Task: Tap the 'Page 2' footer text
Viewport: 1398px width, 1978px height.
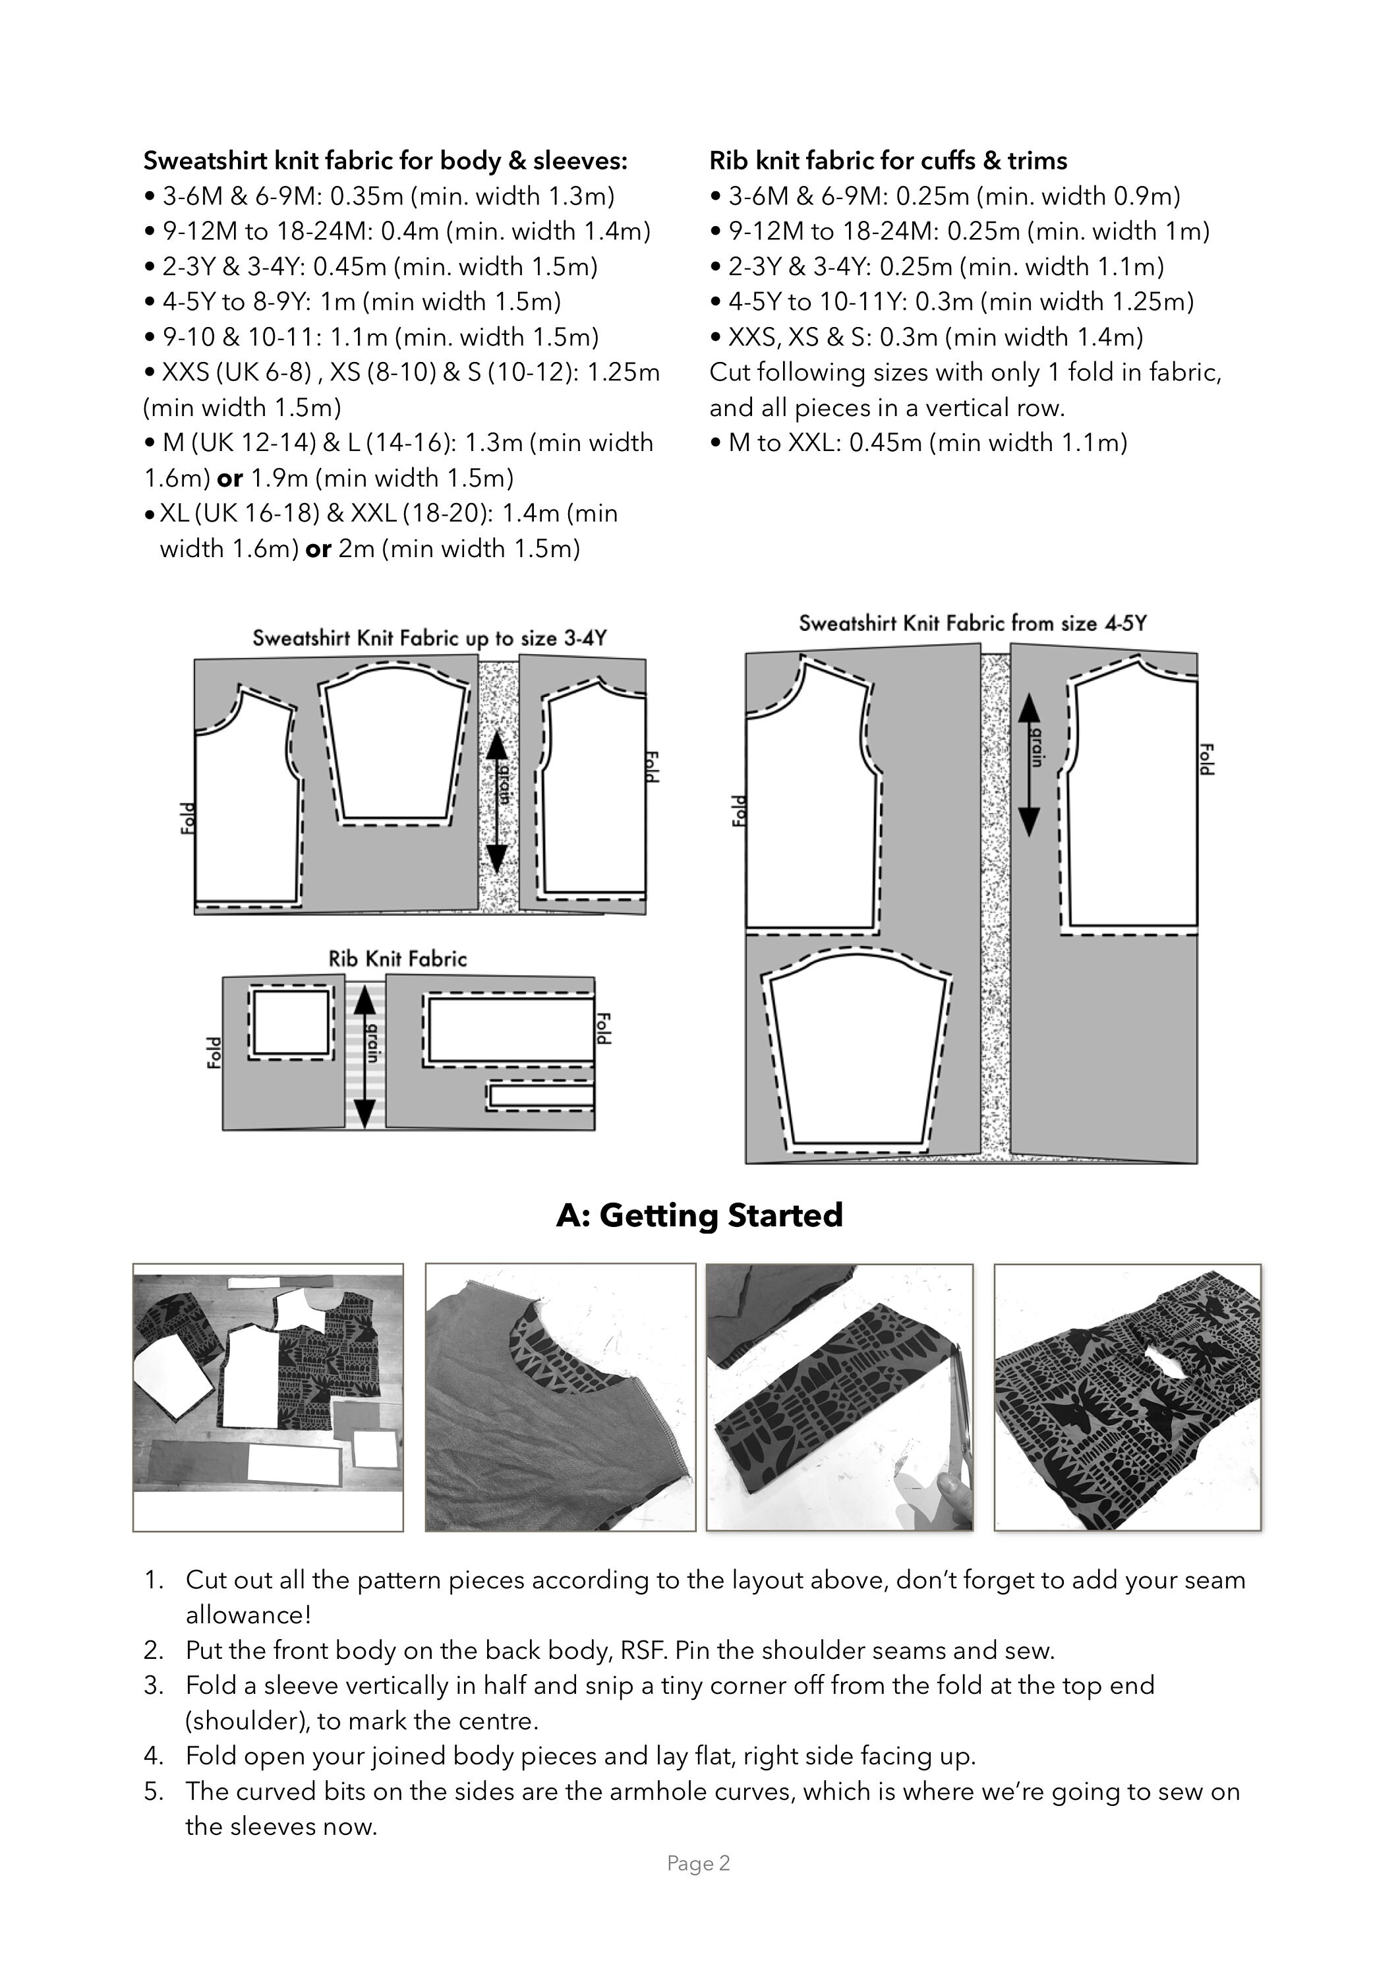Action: pyautogui.click(x=699, y=1863)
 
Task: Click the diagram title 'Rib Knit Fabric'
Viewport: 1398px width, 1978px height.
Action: pyautogui.click(x=398, y=959)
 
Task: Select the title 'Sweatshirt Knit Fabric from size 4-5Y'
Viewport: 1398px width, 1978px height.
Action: pyautogui.click(x=972, y=623)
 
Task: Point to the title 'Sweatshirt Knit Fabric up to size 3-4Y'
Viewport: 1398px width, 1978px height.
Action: pyautogui.click(x=430, y=638)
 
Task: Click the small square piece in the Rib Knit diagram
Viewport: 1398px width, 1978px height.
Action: pyautogui.click(x=291, y=1023)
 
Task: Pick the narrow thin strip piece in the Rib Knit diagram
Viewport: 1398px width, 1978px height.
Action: pyautogui.click(x=540, y=1096)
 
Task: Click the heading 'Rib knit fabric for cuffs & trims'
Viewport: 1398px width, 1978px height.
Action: pyautogui.click(x=888, y=161)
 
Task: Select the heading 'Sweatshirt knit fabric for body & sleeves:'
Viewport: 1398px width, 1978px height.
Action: pyautogui.click(x=386, y=161)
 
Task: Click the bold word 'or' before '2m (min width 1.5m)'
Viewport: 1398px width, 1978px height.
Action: pyautogui.click(x=319, y=549)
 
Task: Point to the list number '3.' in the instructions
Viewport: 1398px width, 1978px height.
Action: pyautogui.click(x=154, y=1686)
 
